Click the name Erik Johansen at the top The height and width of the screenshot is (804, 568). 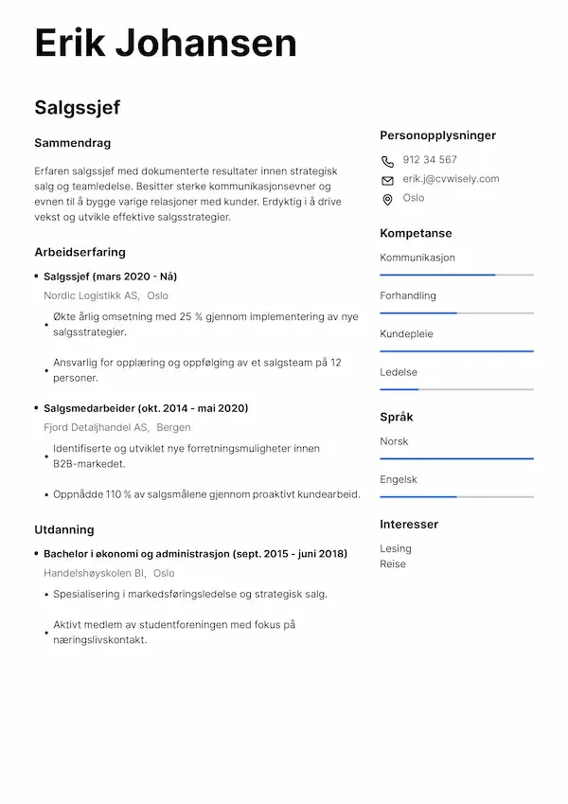click(x=166, y=44)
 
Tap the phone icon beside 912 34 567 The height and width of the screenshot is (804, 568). click(x=387, y=161)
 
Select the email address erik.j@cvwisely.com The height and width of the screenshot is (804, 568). click(x=451, y=179)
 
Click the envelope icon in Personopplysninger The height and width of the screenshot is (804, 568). click(x=387, y=180)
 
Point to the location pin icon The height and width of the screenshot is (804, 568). click(x=387, y=199)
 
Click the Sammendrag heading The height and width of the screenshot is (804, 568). click(x=72, y=143)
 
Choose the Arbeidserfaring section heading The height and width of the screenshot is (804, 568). click(x=80, y=252)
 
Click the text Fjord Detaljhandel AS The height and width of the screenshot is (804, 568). click(x=96, y=427)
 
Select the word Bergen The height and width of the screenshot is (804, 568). click(x=173, y=427)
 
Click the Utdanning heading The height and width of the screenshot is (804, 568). click(x=63, y=529)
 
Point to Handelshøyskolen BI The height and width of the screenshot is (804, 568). click(x=94, y=573)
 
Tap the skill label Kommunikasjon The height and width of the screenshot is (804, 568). click(x=417, y=258)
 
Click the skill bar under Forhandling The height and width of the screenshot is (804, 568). click(x=456, y=313)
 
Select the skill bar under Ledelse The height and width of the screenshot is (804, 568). click(x=456, y=389)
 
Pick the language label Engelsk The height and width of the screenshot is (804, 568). click(x=399, y=479)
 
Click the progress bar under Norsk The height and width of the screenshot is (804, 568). click(x=456, y=458)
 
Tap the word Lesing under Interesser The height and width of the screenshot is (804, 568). click(x=396, y=548)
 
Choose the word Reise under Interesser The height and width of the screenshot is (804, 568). click(x=393, y=563)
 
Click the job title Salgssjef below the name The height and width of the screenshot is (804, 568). click(x=78, y=107)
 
